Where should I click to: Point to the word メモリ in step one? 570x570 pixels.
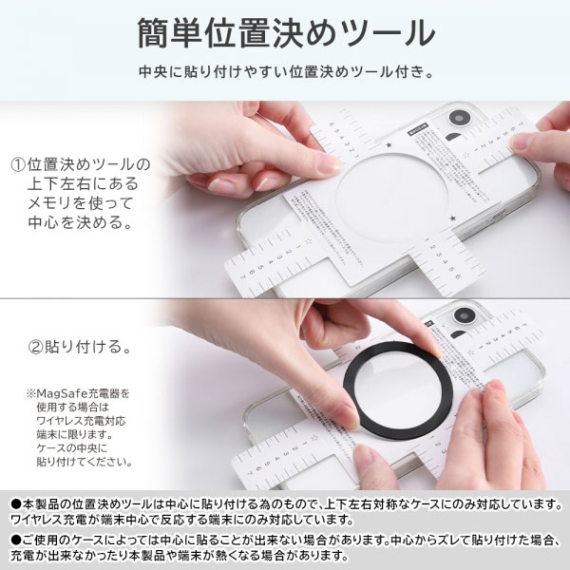click(62, 203)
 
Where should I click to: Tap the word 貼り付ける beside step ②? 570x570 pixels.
click(85, 348)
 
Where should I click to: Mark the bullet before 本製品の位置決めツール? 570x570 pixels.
click(12, 502)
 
